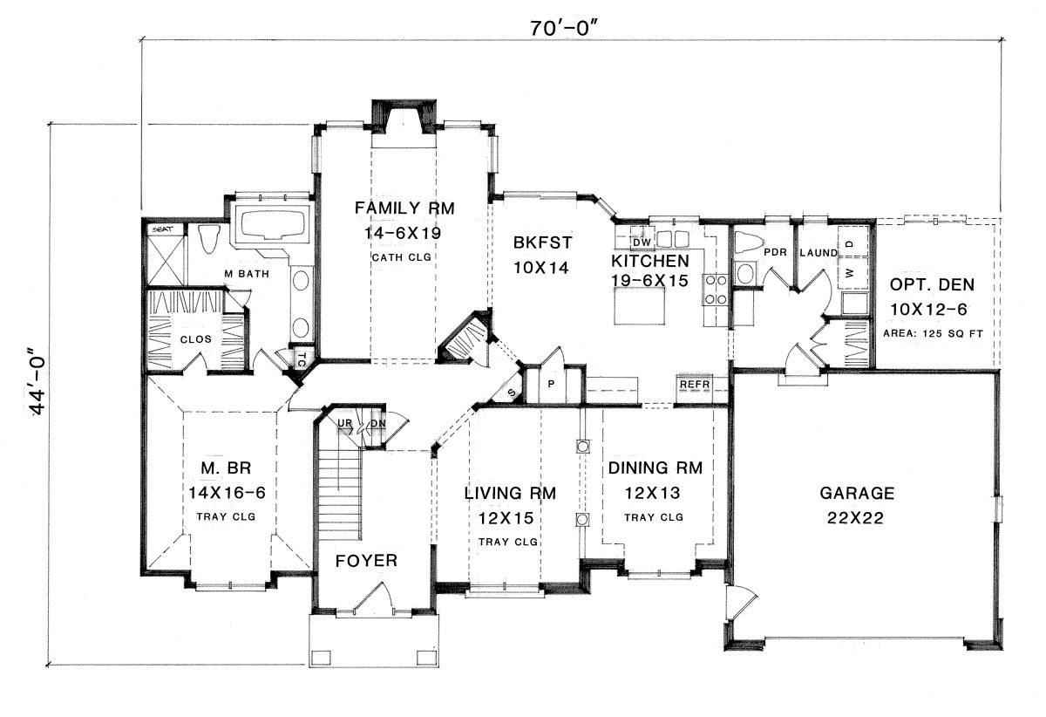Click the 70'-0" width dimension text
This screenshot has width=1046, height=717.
(x=564, y=28)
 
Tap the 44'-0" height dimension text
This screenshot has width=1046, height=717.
(x=36, y=380)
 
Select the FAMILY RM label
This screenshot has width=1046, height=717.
(x=404, y=208)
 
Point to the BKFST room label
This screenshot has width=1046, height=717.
(x=542, y=242)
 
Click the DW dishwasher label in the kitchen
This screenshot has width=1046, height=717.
(x=642, y=243)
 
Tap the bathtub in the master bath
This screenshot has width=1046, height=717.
(x=272, y=223)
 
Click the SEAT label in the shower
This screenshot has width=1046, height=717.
(x=162, y=229)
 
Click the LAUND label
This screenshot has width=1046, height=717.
(x=818, y=253)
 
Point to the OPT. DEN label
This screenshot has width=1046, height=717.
(x=932, y=284)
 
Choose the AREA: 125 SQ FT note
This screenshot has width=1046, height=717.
(x=933, y=334)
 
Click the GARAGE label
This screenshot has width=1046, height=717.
(x=857, y=493)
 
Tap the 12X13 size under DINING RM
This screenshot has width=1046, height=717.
(x=653, y=493)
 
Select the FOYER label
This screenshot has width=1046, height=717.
(x=366, y=560)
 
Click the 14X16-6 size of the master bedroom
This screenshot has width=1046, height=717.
(x=227, y=492)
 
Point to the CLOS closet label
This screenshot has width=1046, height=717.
(x=195, y=339)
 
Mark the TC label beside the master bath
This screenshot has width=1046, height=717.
(x=302, y=359)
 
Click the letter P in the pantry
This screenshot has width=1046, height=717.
(x=551, y=384)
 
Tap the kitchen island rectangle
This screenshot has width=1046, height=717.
(x=640, y=306)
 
